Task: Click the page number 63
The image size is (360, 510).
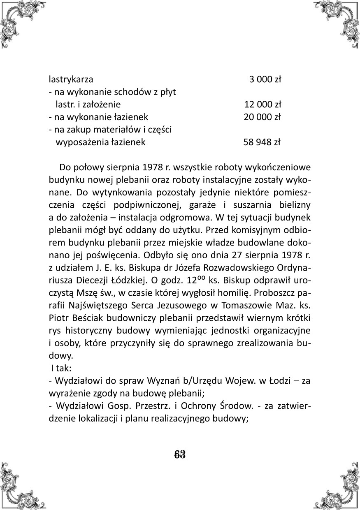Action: pyautogui.click(x=180, y=454)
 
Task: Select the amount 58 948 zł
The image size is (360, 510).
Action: pyautogui.click(x=262, y=143)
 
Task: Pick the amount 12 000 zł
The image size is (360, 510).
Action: pyautogui.click(x=262, y=104)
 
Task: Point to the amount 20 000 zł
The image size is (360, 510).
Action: pyautogui.click(x=262, y=117)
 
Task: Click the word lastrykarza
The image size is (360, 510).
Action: pyautogui.click(x=71, y=79)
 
